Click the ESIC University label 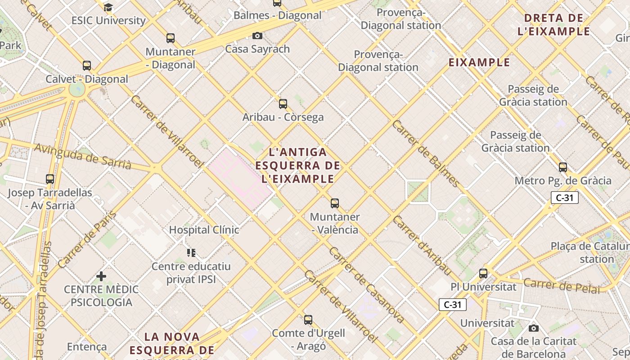pyautogui.click(x=108, y=20)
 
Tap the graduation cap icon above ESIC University pyautogui.click(x=108, y=7)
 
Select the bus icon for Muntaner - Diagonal pyautogui.click(x=170, y=38)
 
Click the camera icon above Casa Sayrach pyautogui.click(x=257, y=36)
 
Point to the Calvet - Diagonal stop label pyautogui.click(x=87, y=79)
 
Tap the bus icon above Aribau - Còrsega pyautogui.click(x=283, y=104)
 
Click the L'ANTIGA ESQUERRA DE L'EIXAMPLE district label pyautogui.click(x=297, y=166)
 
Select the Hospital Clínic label pyautogui.click(x=204, y=229)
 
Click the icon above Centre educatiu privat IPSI pyautogui.click(x=191, y=253)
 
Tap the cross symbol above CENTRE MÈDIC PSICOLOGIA pyautogui.click(x=101, y=276)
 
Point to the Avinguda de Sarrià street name pyautogui.click(x=83, y=157)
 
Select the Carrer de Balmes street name pyautogui.click(x=426, y=153)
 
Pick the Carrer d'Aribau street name pyautogui.click(x=422, y=246)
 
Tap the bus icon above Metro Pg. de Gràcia pyautogui.click(x=562, y=167)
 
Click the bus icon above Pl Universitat pyautogui.click(x=483, y=273)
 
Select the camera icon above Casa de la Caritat pyautogui.click(x=533, y=328)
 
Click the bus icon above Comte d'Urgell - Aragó pyautogui.click(x=308, y=320)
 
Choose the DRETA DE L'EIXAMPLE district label pyautogui.click(x=554, y=25)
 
